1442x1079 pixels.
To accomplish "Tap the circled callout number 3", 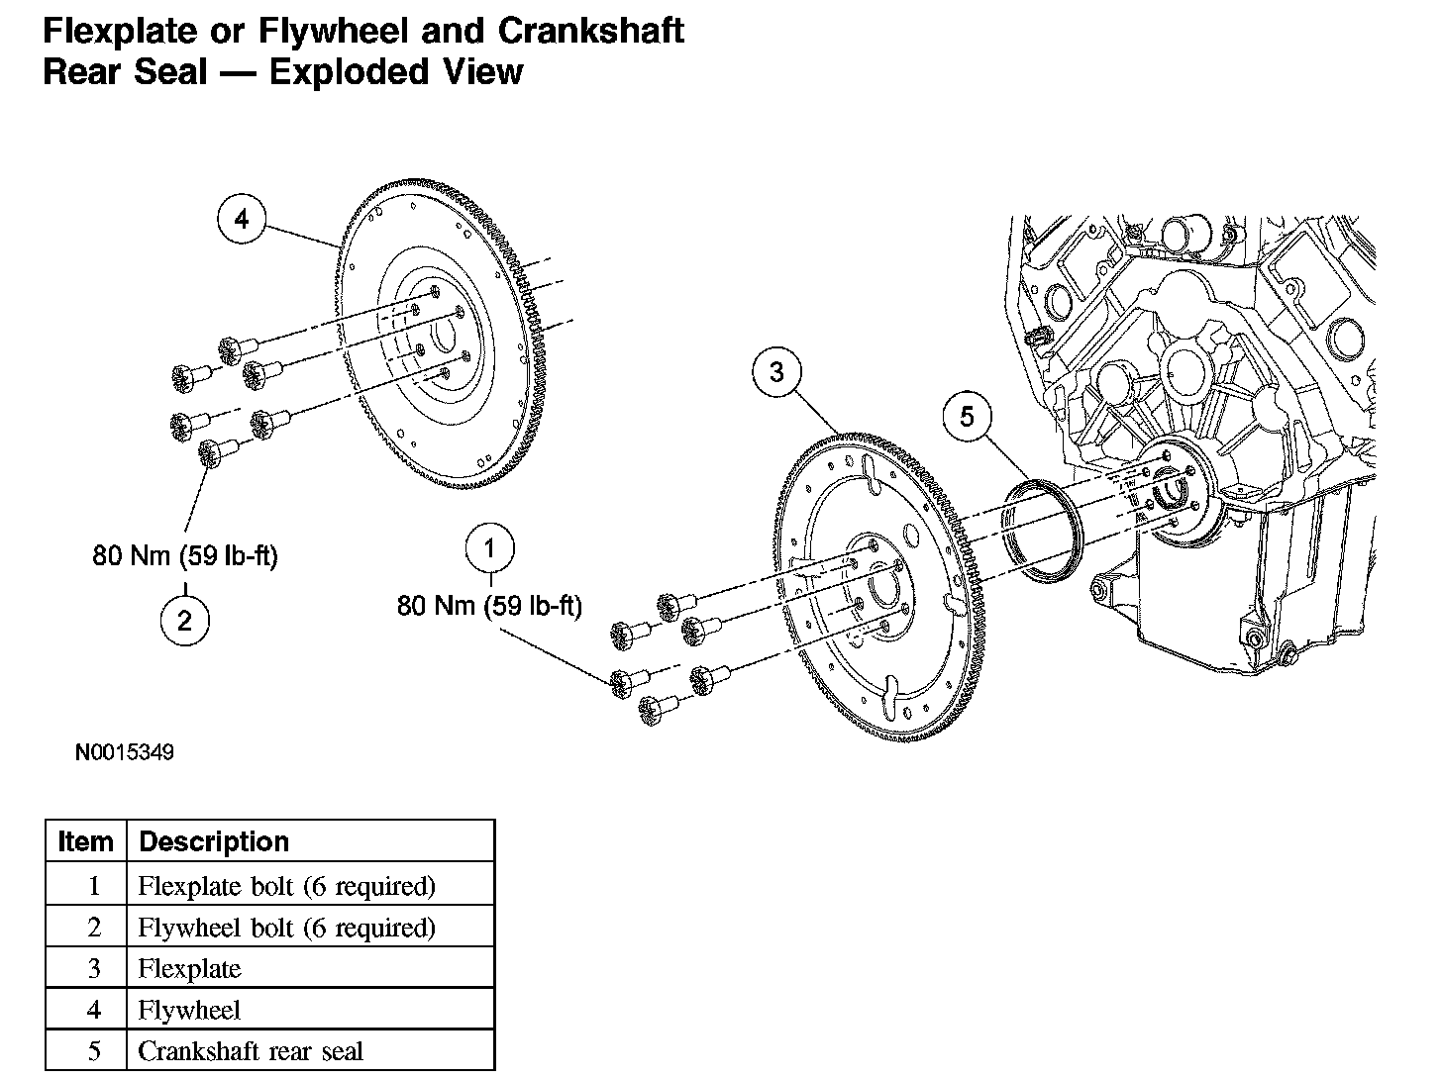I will (776, 372).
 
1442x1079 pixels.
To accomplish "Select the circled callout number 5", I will (967, 417).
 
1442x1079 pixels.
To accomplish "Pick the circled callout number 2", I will (185, 621).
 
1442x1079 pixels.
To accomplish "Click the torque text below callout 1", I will (489, 605).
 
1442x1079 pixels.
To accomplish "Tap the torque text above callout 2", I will (185, 555).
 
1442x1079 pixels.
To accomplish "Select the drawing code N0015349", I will (125, 753).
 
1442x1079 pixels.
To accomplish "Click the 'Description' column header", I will (214, 841).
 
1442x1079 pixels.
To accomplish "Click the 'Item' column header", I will (86, 841).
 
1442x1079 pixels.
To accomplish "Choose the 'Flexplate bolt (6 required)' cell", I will (286, 885).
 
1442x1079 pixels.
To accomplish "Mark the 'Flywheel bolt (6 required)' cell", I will (286, 928).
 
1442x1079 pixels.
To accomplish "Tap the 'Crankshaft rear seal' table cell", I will (251, 1050).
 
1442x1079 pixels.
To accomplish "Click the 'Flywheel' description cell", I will (189, 1010).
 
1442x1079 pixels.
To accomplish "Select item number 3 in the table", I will (94, 968).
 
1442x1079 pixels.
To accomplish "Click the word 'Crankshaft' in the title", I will (590, 31).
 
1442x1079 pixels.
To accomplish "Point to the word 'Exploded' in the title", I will (348, 72).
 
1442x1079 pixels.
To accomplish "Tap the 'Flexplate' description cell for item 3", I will (189, 968).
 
